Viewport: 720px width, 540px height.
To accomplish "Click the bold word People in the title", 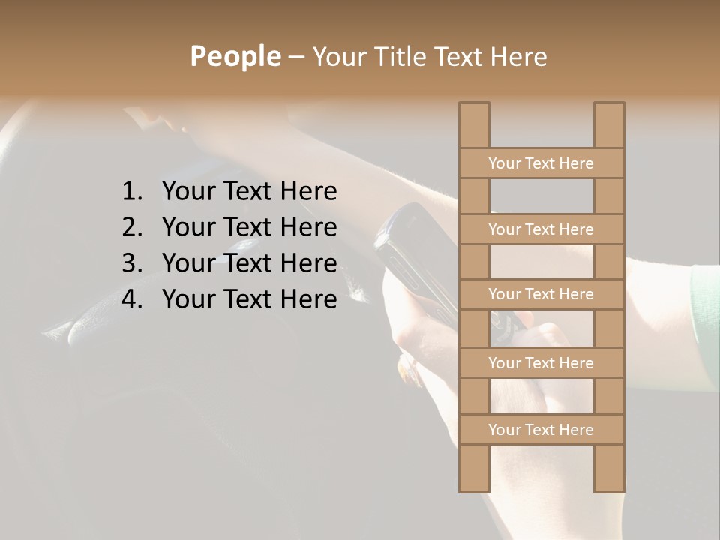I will (235, 57).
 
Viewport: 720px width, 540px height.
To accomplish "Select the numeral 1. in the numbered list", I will (131, 192).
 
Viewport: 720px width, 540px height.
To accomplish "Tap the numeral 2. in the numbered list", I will (131, 227).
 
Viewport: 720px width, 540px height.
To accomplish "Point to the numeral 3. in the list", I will (131, 263).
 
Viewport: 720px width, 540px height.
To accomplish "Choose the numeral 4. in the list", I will (131, 299).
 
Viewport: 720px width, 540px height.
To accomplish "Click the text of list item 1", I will (249, 192).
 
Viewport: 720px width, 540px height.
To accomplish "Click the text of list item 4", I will (249, 299).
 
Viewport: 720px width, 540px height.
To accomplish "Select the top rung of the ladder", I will (541, 163).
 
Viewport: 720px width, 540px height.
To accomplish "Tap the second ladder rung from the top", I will (541, 229).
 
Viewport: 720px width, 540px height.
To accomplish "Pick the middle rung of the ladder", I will (541, 294).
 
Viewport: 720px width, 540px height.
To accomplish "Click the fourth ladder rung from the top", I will (541, 363).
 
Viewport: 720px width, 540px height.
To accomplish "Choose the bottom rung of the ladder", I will (541, 430).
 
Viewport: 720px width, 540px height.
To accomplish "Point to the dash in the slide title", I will (295, 57).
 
